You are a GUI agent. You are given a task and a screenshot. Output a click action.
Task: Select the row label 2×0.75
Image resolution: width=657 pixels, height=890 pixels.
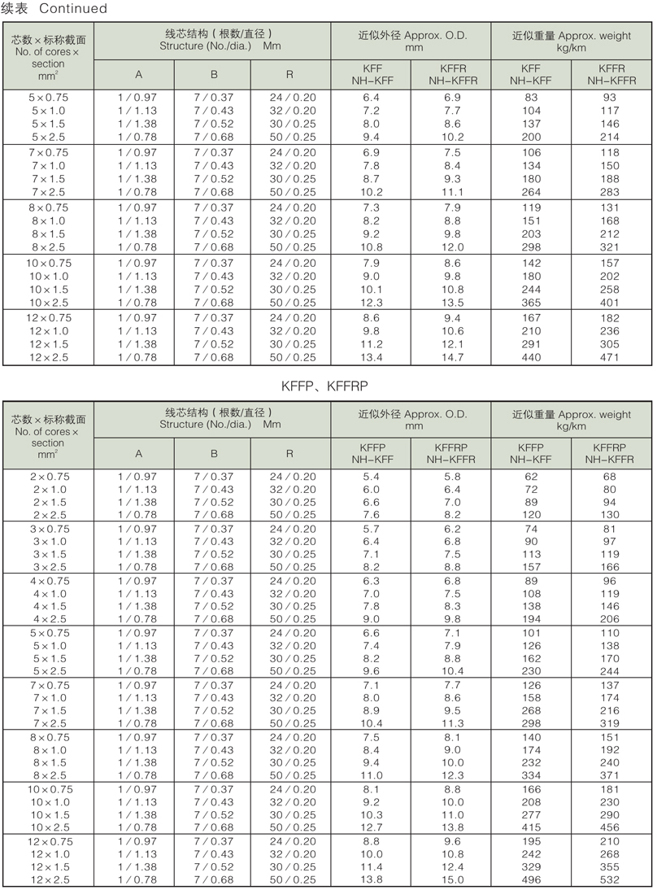50,476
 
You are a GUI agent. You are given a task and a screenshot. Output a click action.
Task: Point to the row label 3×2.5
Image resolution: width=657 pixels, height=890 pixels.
50,567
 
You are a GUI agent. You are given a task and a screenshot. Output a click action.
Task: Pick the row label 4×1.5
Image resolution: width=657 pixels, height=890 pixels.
50,606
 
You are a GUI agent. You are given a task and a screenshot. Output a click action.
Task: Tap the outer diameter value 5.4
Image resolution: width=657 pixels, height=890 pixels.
372,476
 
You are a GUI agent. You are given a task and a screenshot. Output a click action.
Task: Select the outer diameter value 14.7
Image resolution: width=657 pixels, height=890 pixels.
452,357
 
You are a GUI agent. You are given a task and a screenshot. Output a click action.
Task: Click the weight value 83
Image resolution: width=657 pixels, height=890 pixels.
530,98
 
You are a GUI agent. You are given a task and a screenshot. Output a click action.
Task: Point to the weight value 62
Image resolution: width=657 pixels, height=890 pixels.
530,476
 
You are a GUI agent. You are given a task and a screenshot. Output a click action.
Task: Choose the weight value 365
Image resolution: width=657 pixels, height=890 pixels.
530,302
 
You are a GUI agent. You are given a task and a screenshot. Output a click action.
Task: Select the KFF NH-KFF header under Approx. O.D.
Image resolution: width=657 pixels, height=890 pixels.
372,75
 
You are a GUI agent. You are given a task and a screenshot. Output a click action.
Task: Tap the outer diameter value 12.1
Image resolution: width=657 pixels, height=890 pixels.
452,344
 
